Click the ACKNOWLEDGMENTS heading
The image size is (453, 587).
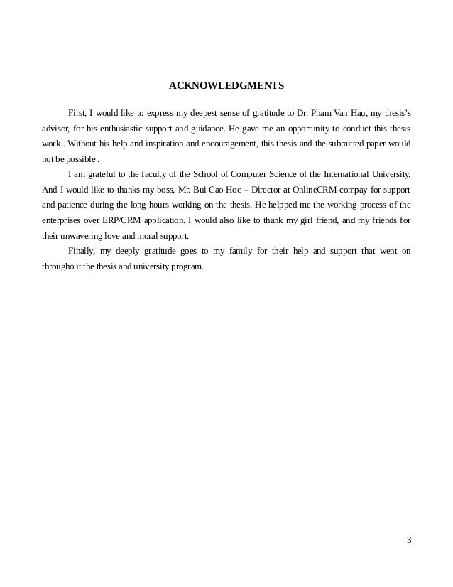pos(226,87)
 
